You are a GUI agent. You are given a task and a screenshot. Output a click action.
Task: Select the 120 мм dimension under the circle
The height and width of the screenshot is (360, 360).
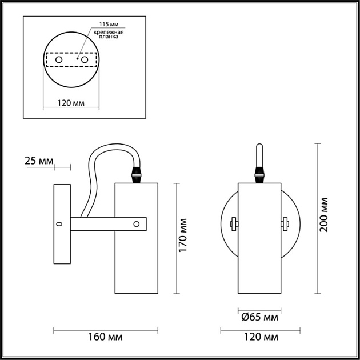[x=71, y=103]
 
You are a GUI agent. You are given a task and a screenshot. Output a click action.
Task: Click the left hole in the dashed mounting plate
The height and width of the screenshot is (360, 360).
[x=59, y=59]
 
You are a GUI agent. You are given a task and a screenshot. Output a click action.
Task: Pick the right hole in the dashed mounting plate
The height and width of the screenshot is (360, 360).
[x=85, y=59]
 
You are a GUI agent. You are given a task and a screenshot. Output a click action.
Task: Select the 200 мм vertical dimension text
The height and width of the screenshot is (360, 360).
[x=324, y=214]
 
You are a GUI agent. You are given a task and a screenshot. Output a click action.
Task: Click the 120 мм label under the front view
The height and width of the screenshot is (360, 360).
[x=259, y=337]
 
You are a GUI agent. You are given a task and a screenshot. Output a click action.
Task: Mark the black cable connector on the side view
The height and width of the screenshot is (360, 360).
[x=137, y=174]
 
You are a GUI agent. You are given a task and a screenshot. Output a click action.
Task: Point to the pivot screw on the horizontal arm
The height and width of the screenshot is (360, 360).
[x=136, y=224]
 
